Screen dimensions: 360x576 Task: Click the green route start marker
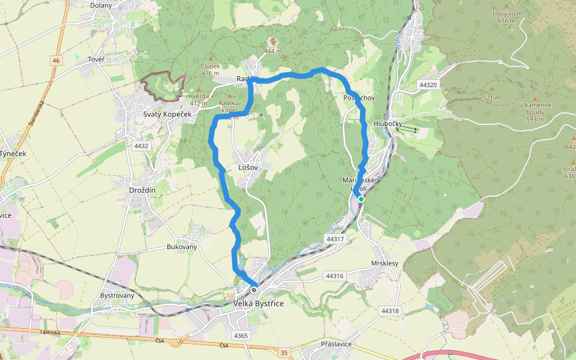[361, 199]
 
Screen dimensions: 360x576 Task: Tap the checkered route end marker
[254, 290]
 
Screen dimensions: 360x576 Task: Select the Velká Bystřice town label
[258, 304]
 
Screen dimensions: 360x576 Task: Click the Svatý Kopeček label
[167, 114]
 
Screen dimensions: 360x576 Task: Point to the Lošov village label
[248, 167]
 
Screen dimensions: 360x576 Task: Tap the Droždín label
[142, 190]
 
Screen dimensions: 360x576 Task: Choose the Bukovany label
[182, 247]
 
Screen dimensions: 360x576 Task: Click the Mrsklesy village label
[385, 263]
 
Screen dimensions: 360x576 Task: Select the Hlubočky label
[388, 124]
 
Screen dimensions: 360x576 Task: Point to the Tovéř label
[96, 59]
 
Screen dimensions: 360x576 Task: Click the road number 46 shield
[56, 61]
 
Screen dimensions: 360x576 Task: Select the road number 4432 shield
[142, 146]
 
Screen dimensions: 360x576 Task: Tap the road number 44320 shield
[428, 85]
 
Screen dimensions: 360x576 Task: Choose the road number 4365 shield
[241, 335]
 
